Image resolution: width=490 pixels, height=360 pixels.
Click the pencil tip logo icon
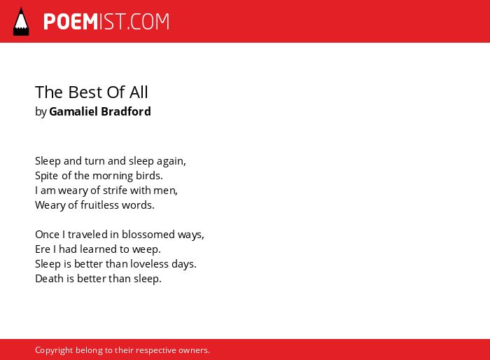click(x=21, y=21)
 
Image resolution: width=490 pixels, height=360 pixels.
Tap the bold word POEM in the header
click(x=71, y=22)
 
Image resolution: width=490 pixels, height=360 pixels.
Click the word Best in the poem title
click(x=85, y=92)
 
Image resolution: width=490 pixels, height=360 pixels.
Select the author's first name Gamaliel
click(x=73, y=111)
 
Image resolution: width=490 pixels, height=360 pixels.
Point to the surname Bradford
click(x=126, y=111)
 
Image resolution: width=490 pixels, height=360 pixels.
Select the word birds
click(x=149, y=176)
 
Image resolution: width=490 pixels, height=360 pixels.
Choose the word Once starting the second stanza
click(x=47, y=234)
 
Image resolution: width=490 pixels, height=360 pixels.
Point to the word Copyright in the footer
click(x=54, y=350)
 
